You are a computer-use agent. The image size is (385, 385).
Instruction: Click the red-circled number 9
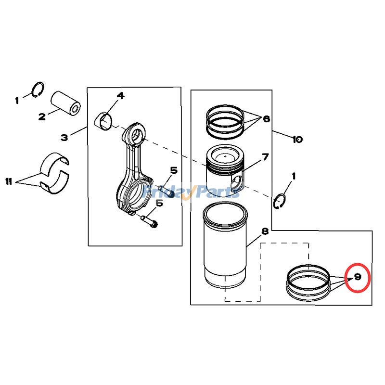tap(358, 278)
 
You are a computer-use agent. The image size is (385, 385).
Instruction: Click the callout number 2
tap(42, 116)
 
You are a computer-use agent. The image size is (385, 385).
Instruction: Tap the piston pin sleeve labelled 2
tap(66, 102)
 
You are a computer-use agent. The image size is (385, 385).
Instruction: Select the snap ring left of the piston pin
tap(38, 90)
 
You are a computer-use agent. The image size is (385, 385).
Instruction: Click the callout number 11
tap(8, 181)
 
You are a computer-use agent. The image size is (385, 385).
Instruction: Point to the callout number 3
tap(64, 138)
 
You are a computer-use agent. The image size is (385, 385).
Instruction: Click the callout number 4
tap(120, 96)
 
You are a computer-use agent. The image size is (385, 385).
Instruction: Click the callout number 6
tap(267, 119)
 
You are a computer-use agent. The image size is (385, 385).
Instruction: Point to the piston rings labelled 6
tap(224, 120)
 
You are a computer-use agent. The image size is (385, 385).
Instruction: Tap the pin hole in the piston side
tap(235, 183)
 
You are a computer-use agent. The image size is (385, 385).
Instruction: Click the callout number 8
tap(265, 231)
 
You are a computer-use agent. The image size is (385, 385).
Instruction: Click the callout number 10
tap(297, 140)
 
